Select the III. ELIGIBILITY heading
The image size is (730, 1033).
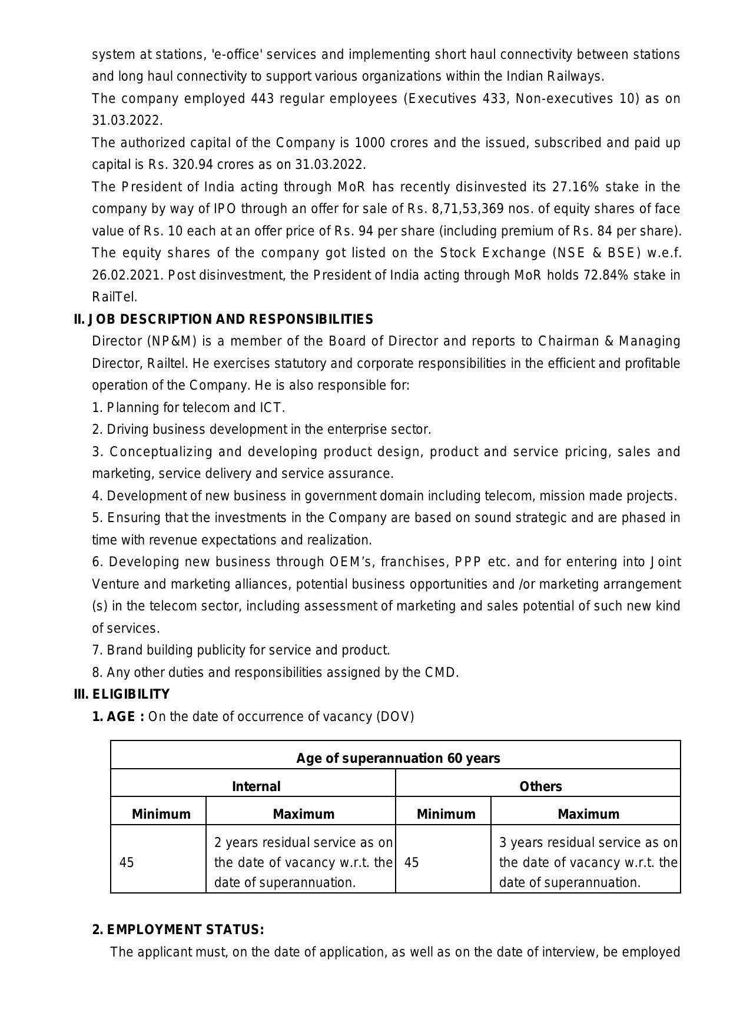tap(122, 694)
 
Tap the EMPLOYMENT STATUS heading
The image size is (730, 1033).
tap(178, 929)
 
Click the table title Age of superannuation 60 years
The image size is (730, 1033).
tap(398, 758)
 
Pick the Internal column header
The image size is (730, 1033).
tap(256, 786)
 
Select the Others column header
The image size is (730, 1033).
tap(540, 786)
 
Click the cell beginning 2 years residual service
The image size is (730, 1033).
tap(303, 862)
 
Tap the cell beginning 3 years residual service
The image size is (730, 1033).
tap(588, 862)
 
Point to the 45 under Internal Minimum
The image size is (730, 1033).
tap(127, 862)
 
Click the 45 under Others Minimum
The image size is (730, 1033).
tap(412, 862)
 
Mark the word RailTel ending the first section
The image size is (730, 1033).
tap(114, 297)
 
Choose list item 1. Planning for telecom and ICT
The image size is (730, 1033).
tap(188, 407)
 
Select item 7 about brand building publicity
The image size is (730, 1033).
tap(241, 650)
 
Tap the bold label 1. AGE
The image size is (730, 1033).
tap(118, 716)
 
